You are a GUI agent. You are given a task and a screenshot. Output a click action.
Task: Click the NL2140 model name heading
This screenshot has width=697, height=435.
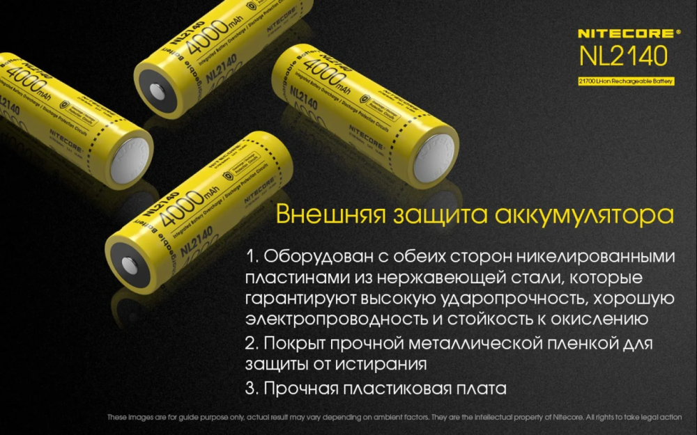(x=624, y=55)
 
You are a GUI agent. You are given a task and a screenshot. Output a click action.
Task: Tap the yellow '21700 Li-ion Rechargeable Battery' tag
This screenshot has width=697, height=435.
(x=625, y=81)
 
